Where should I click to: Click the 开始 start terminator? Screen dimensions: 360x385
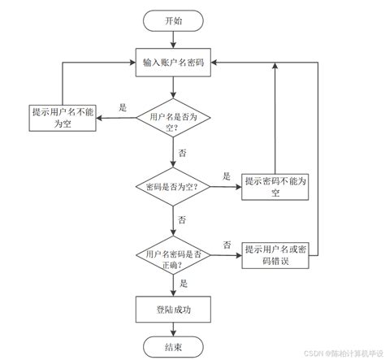[x=173, y=21]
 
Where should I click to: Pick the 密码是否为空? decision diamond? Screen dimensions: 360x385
[x=173, y=186]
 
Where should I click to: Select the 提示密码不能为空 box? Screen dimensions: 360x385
[x=276, y=186]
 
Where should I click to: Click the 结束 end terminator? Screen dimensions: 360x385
[x=173, y=347]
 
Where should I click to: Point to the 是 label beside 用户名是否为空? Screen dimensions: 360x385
[x=123, y=107]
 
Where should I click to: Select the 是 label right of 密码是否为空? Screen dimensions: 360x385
[x=227, y=176]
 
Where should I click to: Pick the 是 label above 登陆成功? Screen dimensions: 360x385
[x=184, y=283]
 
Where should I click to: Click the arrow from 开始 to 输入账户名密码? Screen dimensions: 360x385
[x=173, y=41]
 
